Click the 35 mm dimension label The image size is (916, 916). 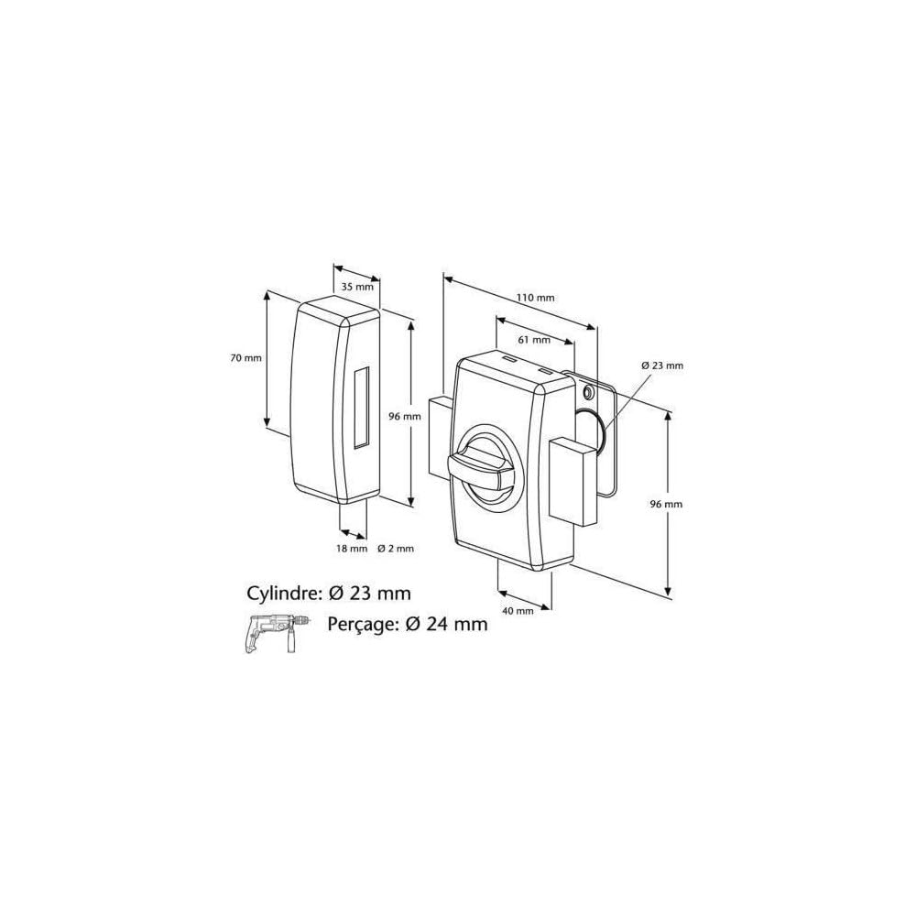(x=357, y=287)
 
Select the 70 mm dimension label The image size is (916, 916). (x=245, y=358)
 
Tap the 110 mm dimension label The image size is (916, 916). (x=536, y=298)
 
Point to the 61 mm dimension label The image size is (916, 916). (x=535, y=340)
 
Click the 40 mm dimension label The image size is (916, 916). (x=518, y=610)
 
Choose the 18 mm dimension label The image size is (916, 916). (x=352, y=548)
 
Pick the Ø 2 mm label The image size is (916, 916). (x=396, y=548)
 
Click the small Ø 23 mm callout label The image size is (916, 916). (x=662, y=365)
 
